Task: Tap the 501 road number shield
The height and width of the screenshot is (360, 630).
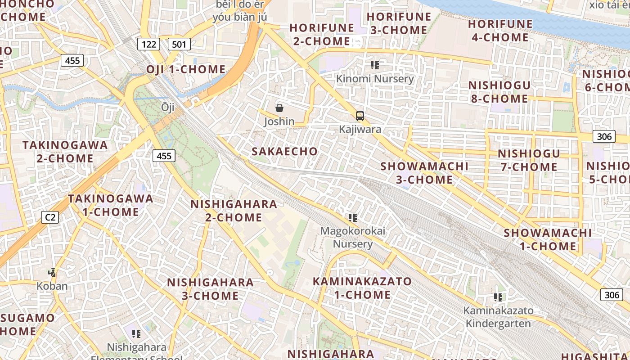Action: (180, 44)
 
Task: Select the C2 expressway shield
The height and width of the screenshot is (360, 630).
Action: (50, 217)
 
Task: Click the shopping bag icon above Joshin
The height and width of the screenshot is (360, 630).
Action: (279, 108)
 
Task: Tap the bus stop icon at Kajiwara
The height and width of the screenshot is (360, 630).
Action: (360, 116)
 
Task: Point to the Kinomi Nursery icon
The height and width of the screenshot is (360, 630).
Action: (375, 65)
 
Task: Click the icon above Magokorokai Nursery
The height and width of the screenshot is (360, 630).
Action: (353, 218)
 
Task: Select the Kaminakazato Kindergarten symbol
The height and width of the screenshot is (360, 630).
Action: (498, 297)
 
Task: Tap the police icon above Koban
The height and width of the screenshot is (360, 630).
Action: (53, 272)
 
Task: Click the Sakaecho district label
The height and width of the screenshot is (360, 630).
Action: (285, 151)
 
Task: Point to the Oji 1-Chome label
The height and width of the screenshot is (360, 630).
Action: (186, 69)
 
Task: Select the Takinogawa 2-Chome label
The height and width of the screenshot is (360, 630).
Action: (65, 152)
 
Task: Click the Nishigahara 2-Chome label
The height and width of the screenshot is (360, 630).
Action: (234, 211)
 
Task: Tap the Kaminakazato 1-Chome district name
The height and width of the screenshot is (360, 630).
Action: (362, 288)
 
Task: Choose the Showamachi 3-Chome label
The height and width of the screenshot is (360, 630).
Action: (424, 173)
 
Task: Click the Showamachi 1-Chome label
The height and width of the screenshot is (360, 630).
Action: (548, 239)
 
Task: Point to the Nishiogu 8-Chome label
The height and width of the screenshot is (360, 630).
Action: (499, 92)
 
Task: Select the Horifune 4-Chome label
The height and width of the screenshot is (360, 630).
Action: (500, 31)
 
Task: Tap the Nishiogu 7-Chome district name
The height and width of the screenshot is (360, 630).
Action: (529, 160)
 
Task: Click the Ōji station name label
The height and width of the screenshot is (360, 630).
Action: (167, 107)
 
